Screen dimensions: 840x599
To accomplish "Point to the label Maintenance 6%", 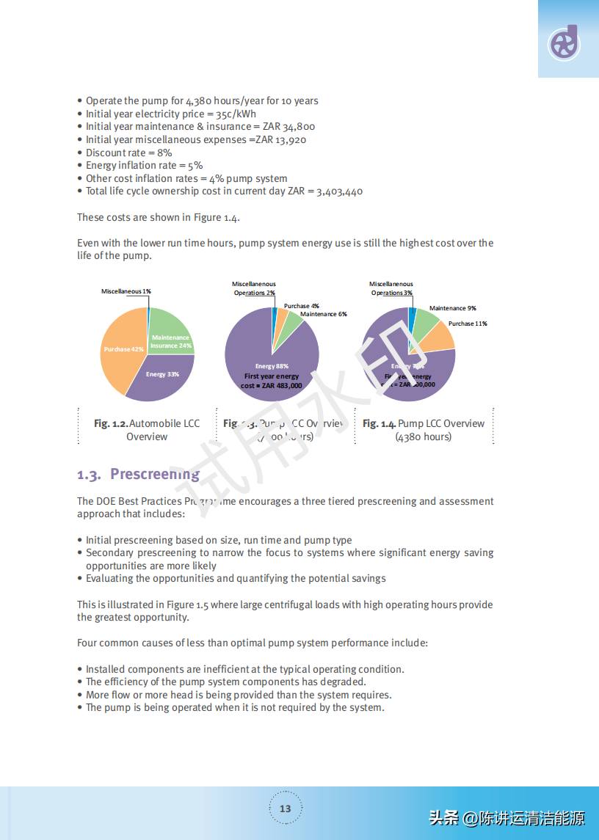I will (323, 314).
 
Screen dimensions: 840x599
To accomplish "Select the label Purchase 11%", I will (468, 324).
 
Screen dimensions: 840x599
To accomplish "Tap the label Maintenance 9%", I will (452, 308).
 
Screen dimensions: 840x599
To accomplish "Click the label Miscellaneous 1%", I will (126, 291).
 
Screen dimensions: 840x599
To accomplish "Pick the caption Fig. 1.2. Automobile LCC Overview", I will (147, 430).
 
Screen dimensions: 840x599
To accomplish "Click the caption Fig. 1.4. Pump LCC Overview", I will (424, 430).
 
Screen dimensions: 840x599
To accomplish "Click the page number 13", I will (285, 808).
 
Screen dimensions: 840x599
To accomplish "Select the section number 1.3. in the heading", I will (89, 475).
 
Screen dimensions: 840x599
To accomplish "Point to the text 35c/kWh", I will (236, 114).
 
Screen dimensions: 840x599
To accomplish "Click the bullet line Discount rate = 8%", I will (128, 153).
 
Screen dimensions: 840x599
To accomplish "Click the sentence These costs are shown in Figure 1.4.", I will (159, 217).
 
